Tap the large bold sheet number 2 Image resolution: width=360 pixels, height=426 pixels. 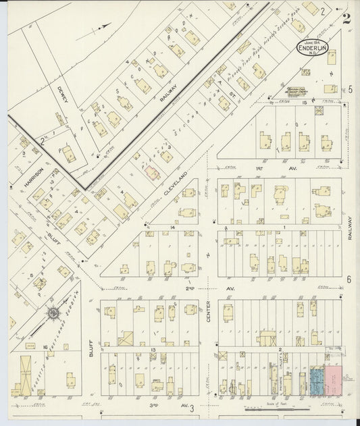[x=346, y=18]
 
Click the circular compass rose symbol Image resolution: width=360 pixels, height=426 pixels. [x=52, y=314]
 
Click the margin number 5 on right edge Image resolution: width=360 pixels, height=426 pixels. [x=351, y=88]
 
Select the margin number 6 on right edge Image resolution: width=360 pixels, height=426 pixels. [x=349, y=279]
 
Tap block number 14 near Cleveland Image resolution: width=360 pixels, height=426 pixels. [x=173, y=229]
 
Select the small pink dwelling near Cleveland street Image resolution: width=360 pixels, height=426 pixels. [x=153, y=173]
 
